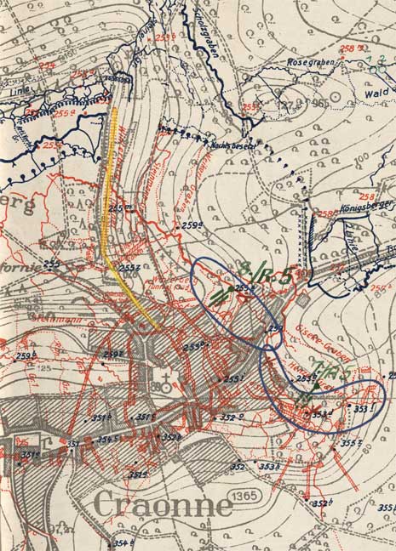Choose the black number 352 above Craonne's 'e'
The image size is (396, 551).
tap(238, 467)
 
